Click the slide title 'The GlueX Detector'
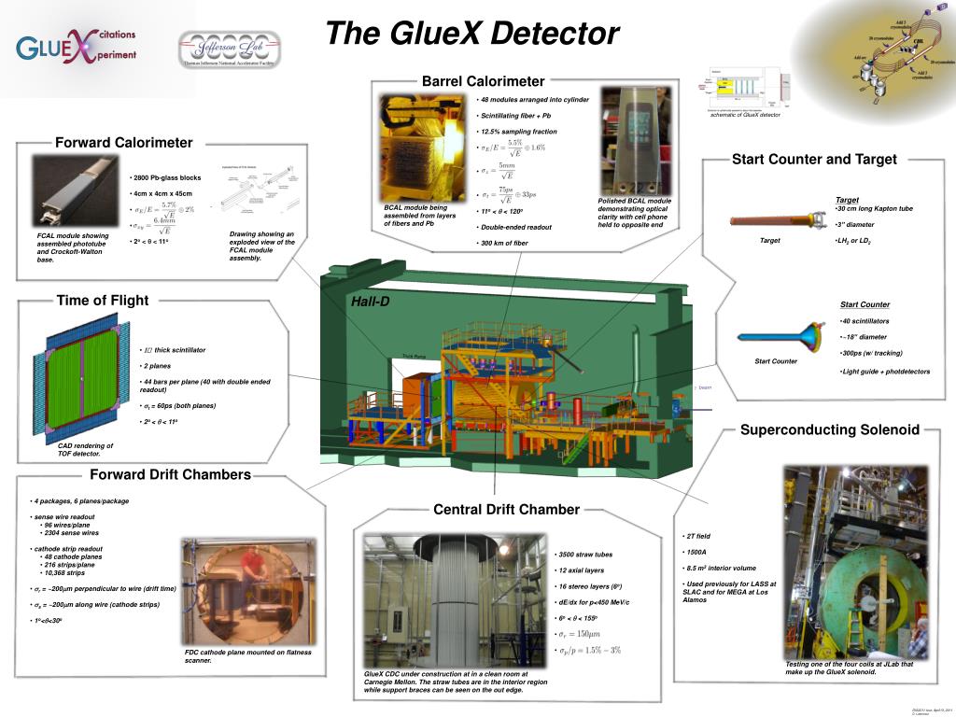(x=471, y=34)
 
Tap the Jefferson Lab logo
(x=229, y=49)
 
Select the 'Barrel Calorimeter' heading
(x=483, y=81)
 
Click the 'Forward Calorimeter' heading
(x=123, y=143)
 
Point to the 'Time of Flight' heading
(x=102, y=300)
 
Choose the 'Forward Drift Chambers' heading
(x=170, y=474)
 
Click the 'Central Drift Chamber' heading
(x=506, y=509)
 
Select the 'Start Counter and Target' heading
(x=814, y=159)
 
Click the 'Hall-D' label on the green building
(x=371, y=302)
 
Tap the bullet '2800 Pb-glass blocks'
(x=167, y=177)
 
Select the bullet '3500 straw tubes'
(x=585, y=555)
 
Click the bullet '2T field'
(x=698, y=536)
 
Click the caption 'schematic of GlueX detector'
(x=745, y=115)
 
